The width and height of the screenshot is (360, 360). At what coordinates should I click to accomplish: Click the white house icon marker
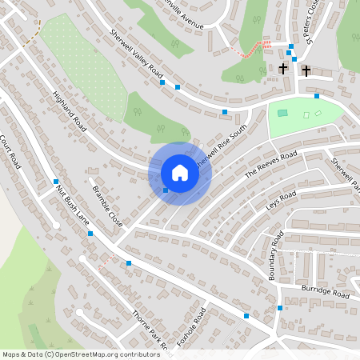click(180, 173)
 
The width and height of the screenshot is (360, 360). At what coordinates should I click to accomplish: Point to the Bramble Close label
click(108, 205)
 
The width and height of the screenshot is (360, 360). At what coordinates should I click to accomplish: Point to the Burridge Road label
click(326, 291)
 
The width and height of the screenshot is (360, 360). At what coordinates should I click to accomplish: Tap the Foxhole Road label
click(192, 328)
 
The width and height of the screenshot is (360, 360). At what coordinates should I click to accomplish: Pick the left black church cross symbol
click(283, 70)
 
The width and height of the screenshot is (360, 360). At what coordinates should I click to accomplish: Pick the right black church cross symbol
click(306, 70)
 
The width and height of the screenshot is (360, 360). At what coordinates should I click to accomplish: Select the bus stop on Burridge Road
click(279, 308)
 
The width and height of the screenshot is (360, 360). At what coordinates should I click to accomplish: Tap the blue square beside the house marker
click(166, 190)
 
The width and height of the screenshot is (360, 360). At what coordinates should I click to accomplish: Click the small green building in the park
click(282, 113)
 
